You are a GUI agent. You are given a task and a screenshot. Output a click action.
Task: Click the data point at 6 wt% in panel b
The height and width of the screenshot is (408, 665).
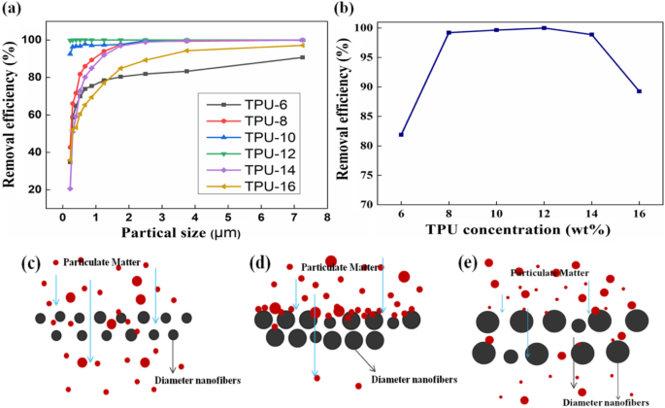click(401, 134)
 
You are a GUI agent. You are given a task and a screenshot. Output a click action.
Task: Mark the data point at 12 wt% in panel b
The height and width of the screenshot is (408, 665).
click(544, 28)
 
